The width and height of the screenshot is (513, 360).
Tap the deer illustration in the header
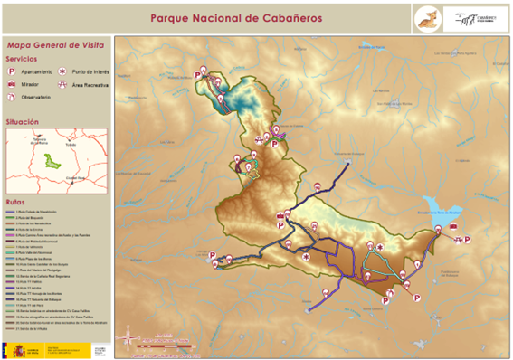tap(424, 18)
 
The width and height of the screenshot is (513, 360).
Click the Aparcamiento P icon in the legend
tap(13, 70)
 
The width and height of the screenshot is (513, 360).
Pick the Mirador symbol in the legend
tap(13, 83)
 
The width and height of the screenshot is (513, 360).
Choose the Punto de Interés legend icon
tap(62, 70)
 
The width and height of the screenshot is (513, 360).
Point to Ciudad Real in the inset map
tap(76, 178)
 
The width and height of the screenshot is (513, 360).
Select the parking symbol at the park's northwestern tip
tap(197, 75)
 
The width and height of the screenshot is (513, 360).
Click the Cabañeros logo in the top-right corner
tap(476, 18)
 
